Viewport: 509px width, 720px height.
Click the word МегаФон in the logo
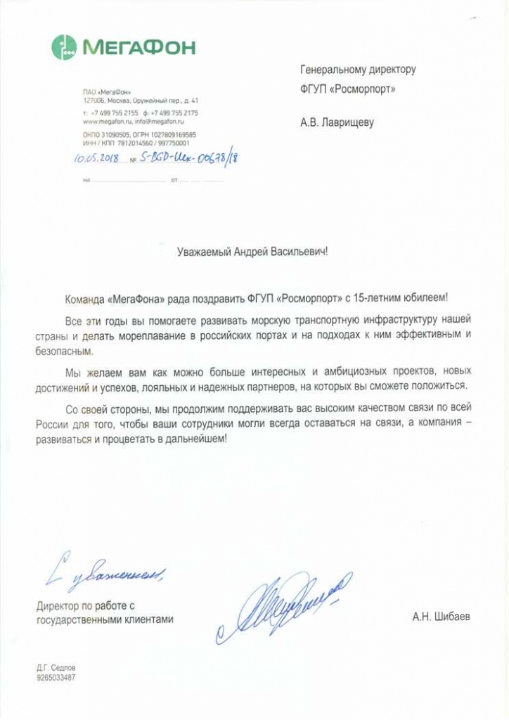(x=139, y=48)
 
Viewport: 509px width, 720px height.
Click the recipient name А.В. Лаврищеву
(x=337, y=122)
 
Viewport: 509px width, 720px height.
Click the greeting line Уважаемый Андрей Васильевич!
(x=252, y=250)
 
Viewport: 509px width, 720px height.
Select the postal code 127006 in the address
(x=93, y=101)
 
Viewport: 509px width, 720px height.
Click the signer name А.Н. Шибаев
(x=442, y=617)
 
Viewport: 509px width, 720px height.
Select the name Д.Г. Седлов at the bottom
(x=56, y=667)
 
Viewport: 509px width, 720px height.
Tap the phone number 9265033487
(x=56, y=678)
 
